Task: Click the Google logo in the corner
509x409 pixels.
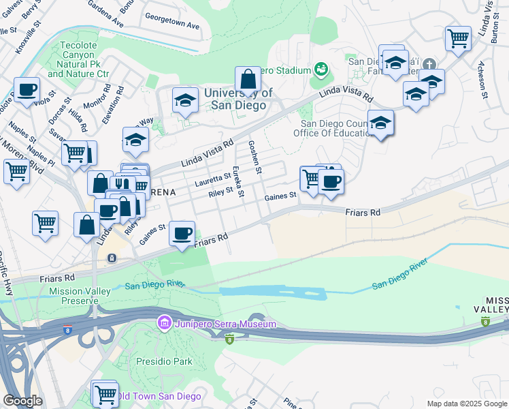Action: (22, 400)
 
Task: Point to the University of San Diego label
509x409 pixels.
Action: (238, 100)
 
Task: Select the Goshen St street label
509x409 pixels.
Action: (255, 157)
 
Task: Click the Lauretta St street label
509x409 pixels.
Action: (213, 179)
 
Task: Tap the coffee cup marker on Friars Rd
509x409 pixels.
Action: (182, 233)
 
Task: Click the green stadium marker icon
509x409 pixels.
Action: (321, 69)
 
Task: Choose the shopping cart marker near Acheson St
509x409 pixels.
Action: (458, 37)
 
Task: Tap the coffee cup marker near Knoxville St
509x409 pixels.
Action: (27, 89)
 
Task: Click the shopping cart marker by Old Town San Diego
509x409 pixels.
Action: (105, 393)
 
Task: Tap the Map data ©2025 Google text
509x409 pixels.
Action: (466, 404)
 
